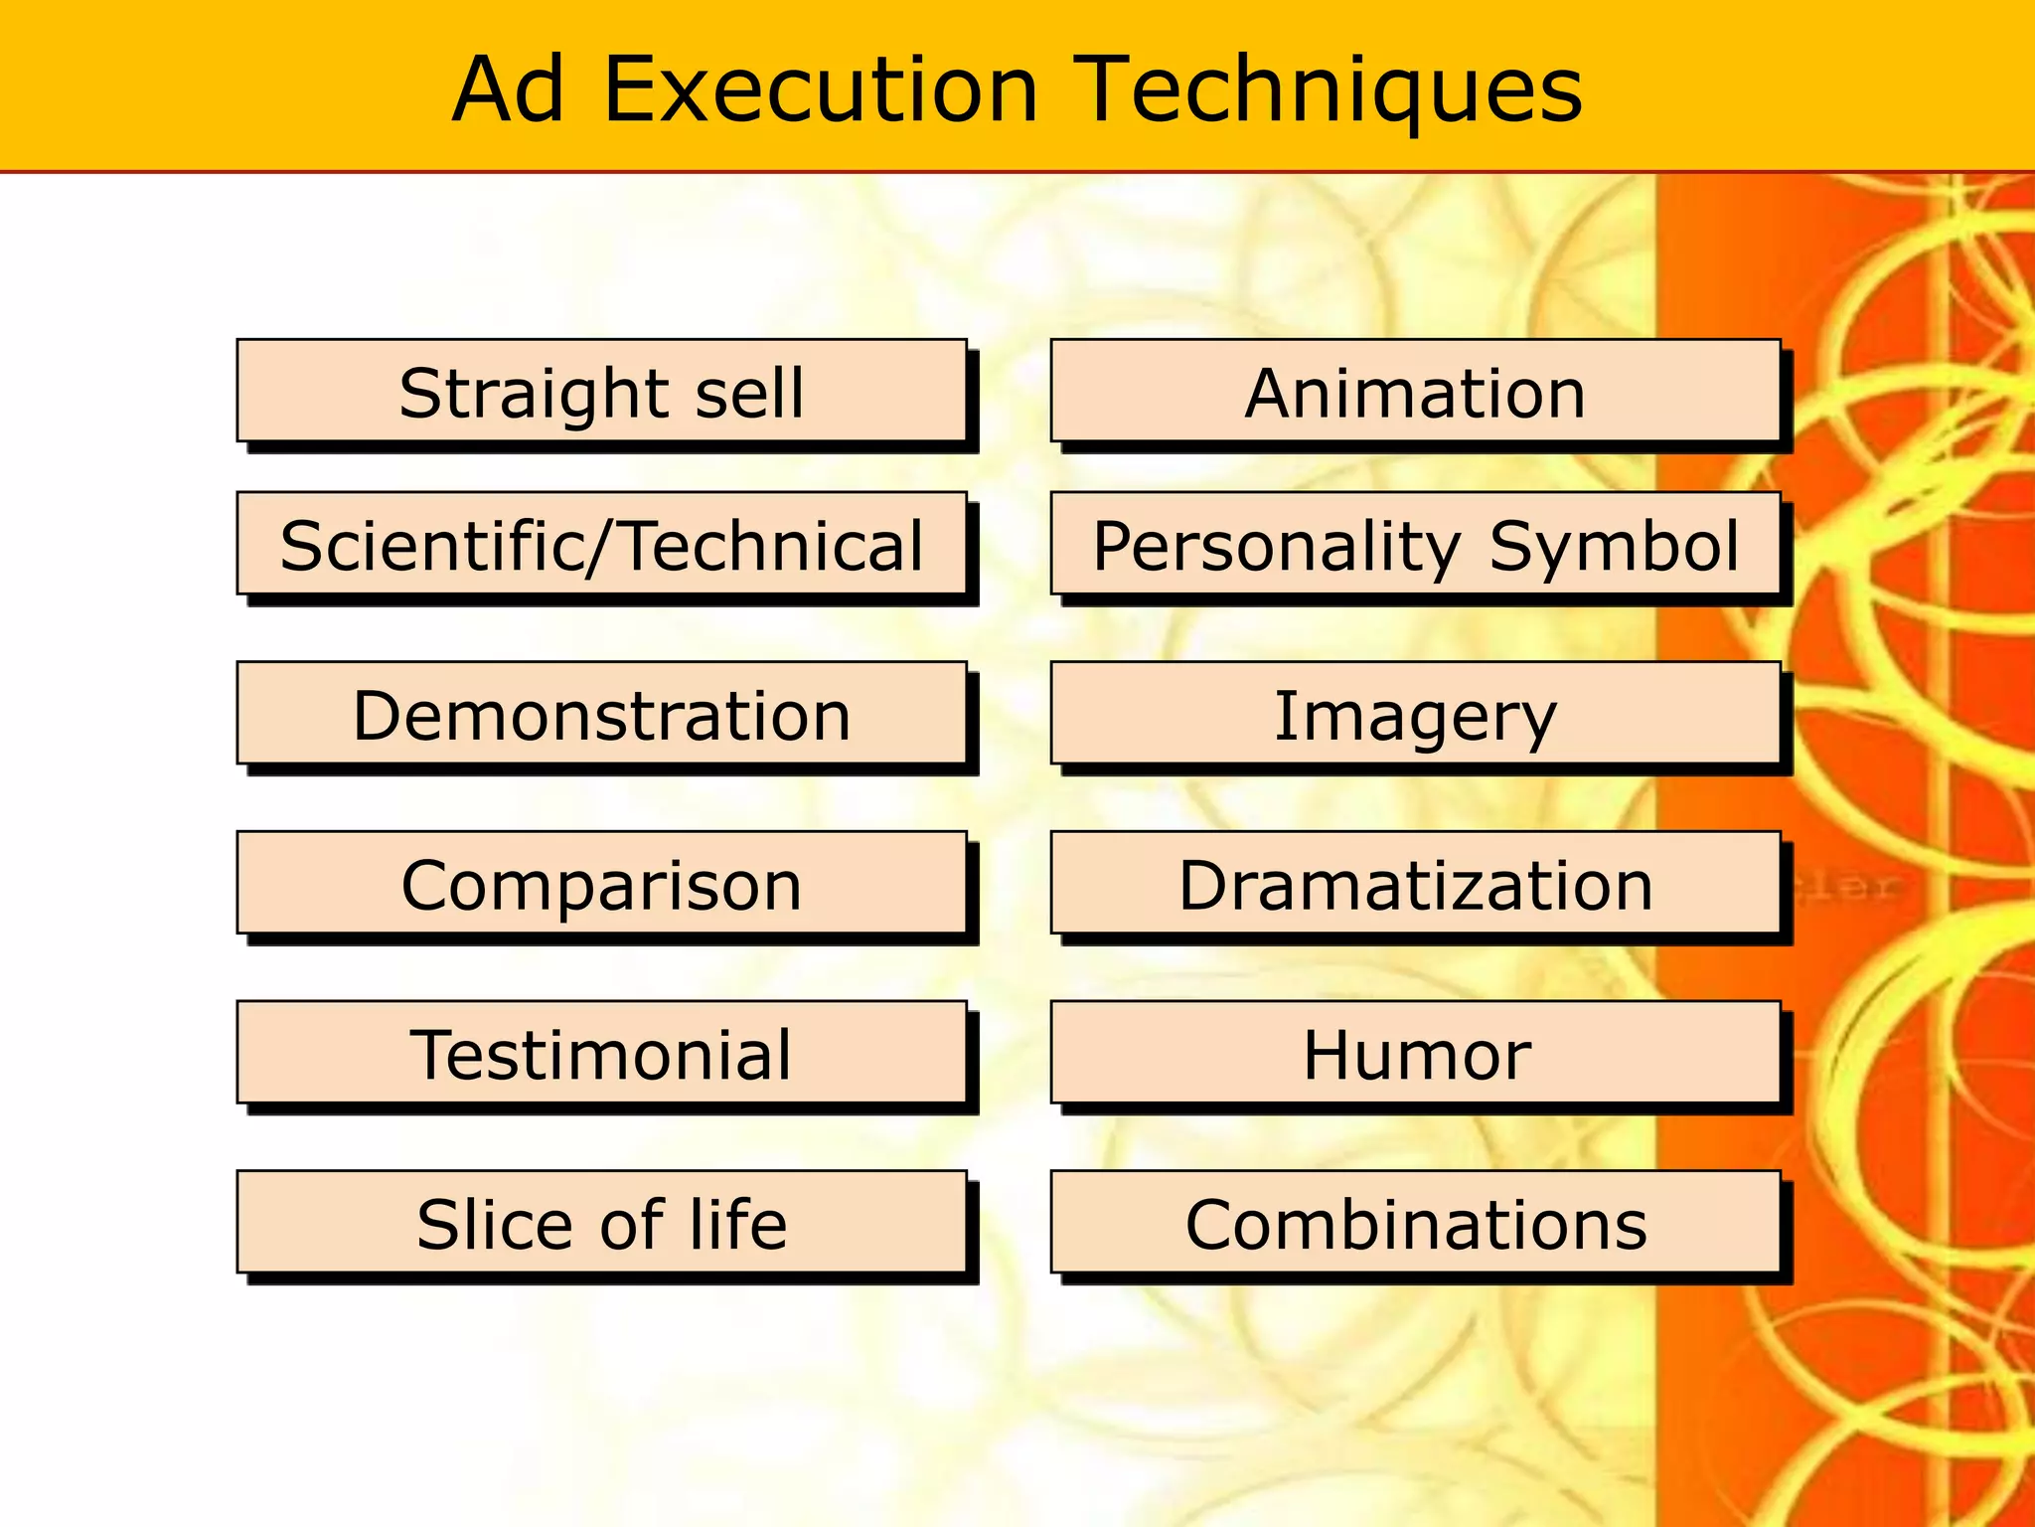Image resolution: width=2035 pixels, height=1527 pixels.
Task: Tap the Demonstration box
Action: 601,714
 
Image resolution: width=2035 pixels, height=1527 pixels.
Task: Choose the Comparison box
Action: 601,883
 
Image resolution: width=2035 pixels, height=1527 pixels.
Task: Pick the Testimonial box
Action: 601,1053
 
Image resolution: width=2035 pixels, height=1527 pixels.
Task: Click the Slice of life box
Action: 601,1222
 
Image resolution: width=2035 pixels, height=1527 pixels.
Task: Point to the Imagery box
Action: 1415,714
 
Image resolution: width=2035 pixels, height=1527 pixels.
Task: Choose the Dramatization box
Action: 1415,883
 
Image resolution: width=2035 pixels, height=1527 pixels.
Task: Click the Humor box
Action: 1415,1053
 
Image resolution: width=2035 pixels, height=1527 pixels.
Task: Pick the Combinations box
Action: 1415,1222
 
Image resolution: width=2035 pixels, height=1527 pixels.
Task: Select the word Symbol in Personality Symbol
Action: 1614,546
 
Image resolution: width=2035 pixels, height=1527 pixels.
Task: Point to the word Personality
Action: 1276,546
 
